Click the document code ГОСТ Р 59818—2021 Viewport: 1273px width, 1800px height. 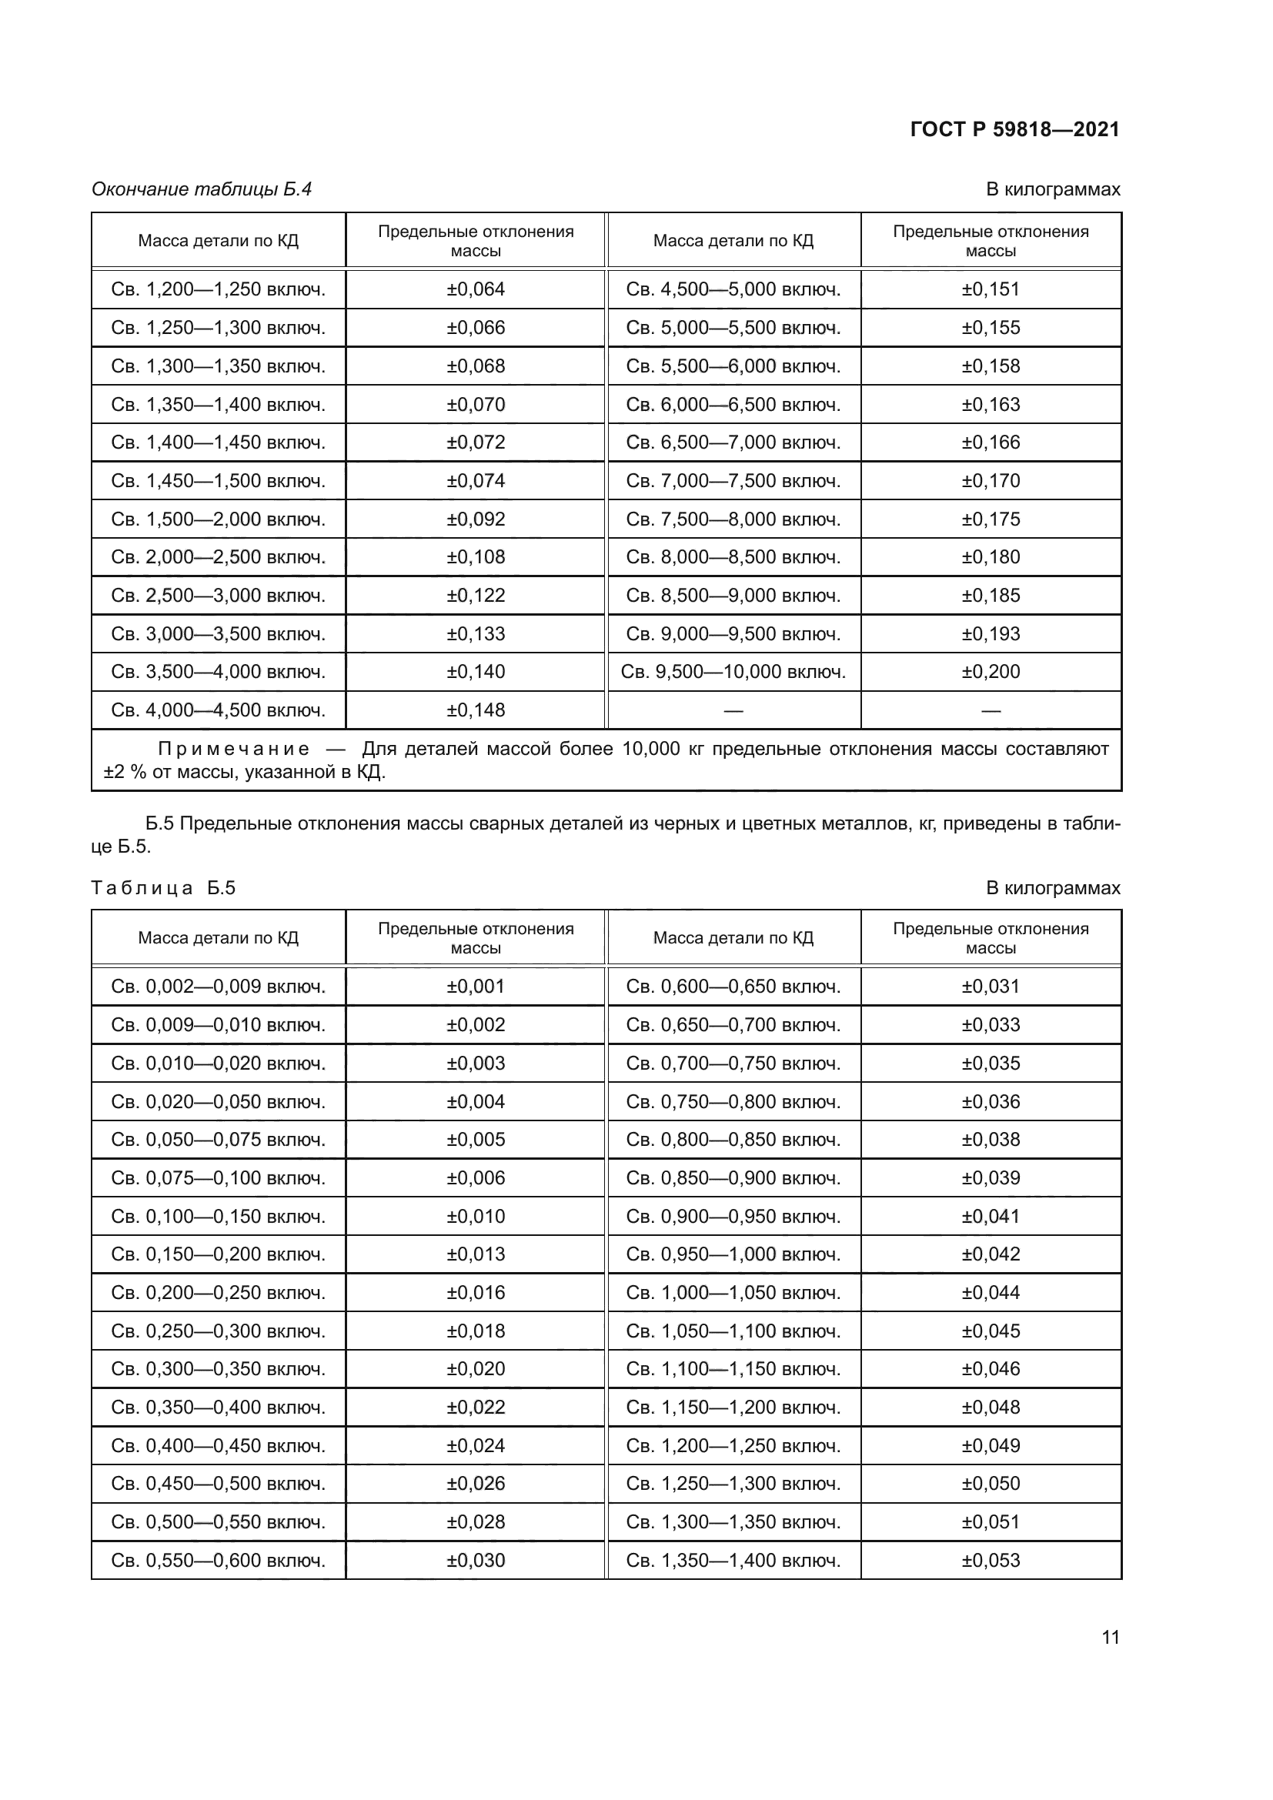[x=1014, y=129]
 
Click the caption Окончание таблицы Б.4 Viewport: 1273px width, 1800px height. [x=202, y=189]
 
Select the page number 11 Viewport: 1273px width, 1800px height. [x=1110, y=1638]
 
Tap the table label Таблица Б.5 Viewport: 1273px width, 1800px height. [x=163, y=887]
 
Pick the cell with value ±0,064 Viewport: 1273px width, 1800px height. [x=475, y=289]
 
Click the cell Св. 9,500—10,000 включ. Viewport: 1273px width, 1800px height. [x=733, y=672]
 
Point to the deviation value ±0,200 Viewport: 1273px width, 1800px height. [x=990, y=672]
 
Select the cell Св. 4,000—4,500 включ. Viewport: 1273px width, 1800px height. [x=218, y=710]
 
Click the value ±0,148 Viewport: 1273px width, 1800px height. [x=475, y=710]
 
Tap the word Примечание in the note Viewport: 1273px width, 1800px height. [x=234, y=749]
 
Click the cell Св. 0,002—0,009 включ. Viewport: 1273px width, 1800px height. [x=218, y=987]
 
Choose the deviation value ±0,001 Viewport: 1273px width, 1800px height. [x=475, y=987]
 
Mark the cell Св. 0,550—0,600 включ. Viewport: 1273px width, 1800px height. [x=218, y=1560]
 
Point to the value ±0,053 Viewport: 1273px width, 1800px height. [x=990, y=1560]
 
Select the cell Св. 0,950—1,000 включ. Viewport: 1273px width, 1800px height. [x=733, y=1254]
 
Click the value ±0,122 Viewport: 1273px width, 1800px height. [x=475, y=596]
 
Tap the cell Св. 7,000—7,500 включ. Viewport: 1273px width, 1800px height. [x=733, y=480]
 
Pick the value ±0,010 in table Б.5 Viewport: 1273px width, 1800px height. [x=475, y=1217]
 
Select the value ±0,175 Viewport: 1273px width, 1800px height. [x=990, y=519]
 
